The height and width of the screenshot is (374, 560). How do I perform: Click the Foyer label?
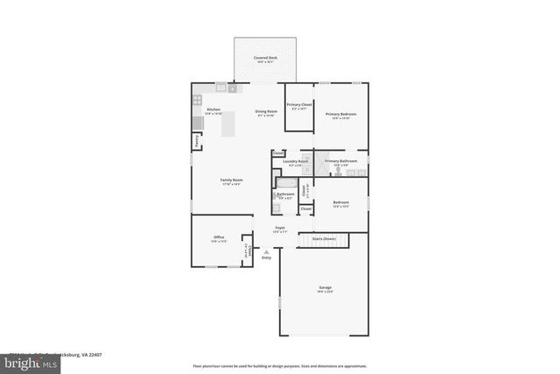click(279, 229)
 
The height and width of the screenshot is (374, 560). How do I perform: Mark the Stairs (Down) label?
click(324, 238)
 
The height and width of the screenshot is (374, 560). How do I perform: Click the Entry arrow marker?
click(266, 252)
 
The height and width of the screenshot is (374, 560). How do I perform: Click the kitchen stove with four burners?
click(198, 100)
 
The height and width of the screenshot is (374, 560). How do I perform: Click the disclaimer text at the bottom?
click(279, 365)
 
